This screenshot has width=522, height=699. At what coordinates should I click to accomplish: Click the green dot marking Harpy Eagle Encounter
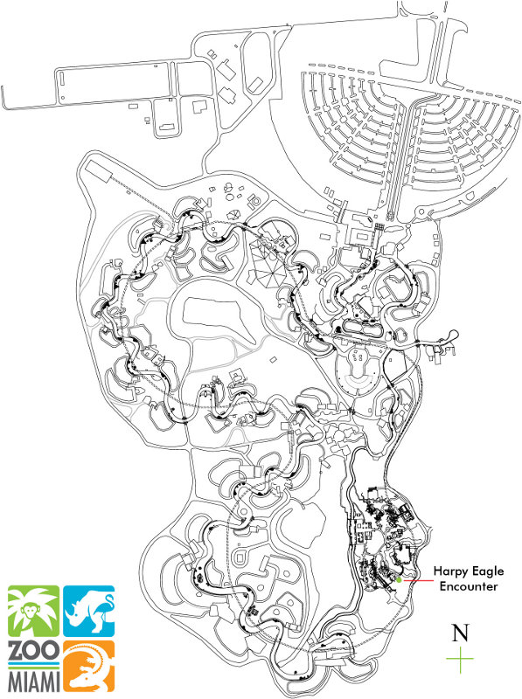pos(399,578)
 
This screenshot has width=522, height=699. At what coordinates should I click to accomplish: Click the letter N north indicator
pos(460,632)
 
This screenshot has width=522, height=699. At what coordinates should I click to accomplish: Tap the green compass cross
pos(460,659)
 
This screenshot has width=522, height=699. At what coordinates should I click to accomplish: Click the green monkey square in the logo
pos(33,611)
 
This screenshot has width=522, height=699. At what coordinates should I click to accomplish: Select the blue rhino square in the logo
pos(88,611)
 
